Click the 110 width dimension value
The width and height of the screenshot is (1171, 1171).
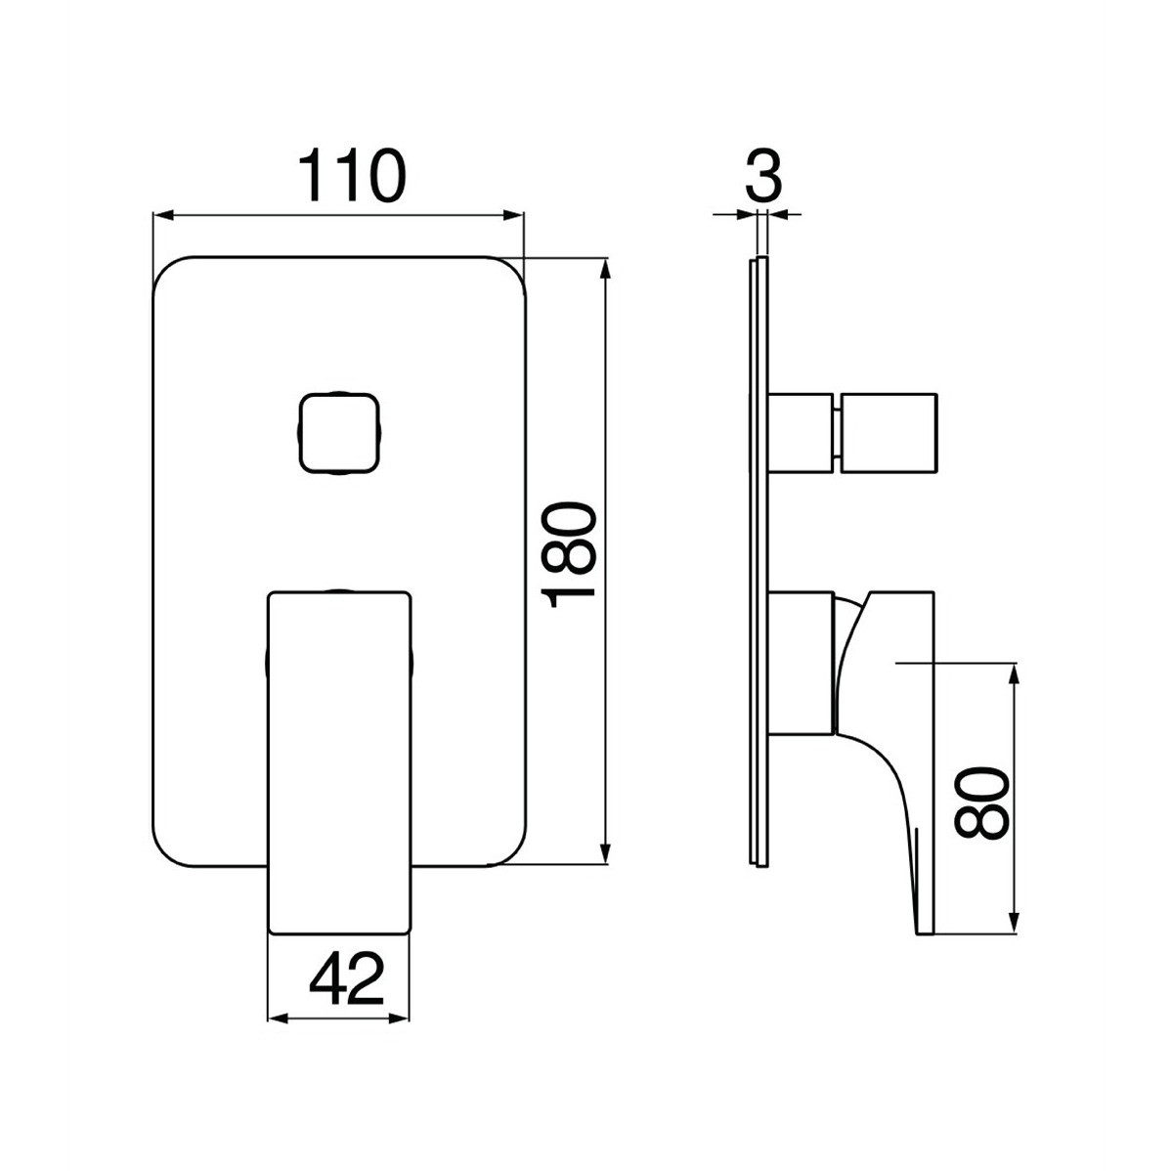pyautogui.click(x=352, y=177)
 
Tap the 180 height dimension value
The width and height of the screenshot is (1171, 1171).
pyautogui.click(x=571, y=557)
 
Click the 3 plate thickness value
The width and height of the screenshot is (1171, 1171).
pyautogui.click(x=764, y=176)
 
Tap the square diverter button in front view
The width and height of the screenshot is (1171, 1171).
pyautogui.click(x=338, y=434)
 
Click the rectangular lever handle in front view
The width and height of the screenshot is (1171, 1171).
pyautogui.click(x=339, y=762)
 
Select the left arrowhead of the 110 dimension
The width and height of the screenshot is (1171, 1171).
pyautogui.click(x=163, y=216)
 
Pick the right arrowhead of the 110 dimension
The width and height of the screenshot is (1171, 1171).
pyautogui.click(x=513, y=216)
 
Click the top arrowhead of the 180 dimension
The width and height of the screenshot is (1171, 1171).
pyautogui.click(x=606, y=271)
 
